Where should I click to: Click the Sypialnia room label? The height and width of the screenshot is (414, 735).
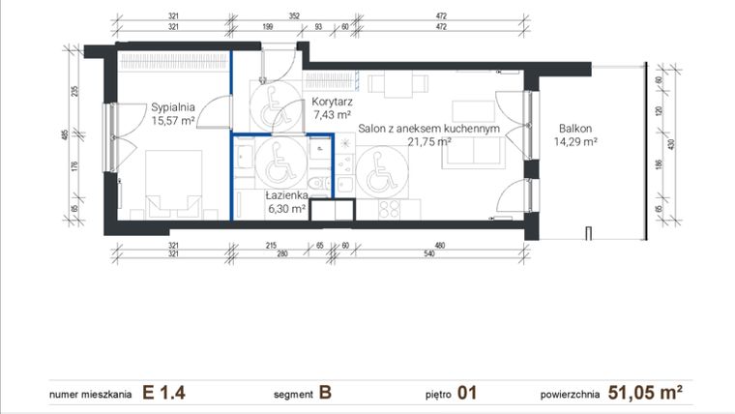[173, 107]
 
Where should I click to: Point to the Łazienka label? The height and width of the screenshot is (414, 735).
[286, 194]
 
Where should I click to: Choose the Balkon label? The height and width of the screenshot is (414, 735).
[574, 128]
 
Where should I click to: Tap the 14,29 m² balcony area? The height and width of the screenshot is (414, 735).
[574, 141]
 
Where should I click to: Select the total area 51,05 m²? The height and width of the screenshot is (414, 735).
[647, 393]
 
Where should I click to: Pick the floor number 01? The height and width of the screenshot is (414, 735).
[468, 393]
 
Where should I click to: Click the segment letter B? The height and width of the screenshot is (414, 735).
[325, 393]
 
